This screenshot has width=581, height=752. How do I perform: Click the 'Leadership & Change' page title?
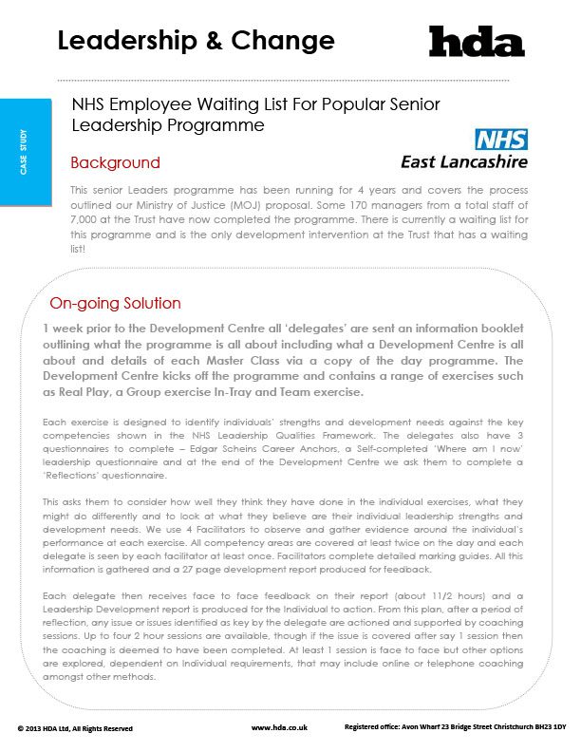(196, 41)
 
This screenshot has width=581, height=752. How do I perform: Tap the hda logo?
(477, 42)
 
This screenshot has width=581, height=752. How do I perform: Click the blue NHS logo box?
(500, 140)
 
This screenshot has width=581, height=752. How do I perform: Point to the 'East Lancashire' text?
(464, 160)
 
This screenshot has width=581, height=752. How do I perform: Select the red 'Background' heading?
(115, 162)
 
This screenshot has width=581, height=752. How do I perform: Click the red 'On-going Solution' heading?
(115, 304)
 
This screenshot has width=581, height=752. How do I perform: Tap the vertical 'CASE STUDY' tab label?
(24, 151)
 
